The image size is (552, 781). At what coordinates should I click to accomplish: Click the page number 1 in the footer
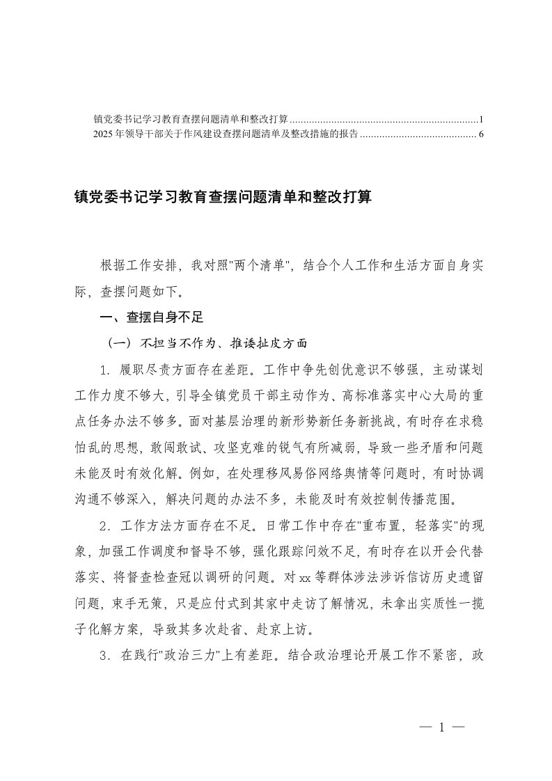pos(441,727)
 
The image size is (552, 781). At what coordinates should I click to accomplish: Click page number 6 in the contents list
pos(481,134)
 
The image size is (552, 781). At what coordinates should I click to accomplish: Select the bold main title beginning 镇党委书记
pos(223,198)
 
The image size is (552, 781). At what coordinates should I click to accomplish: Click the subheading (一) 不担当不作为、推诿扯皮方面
pos(205,343)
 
